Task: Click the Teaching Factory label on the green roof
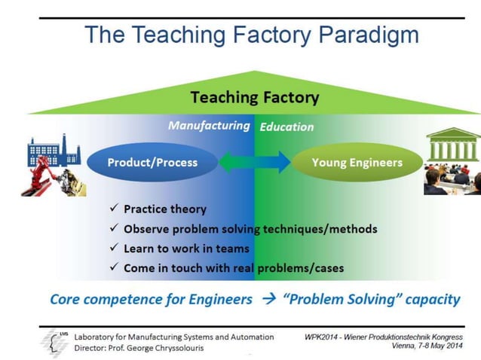(x=254, y=97)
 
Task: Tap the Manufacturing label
(x=209, y=126)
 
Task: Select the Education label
(x=286, y=127)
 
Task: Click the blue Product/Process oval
(x=152, y=162)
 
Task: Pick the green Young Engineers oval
(x=357, y=162)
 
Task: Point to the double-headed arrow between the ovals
(x=254, y=162)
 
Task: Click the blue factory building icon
(x=53, y=150)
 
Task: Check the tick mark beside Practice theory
(x=114, y=209)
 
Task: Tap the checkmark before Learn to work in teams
(x=114, y=248)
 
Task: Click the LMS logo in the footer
(x=52, y=342)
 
